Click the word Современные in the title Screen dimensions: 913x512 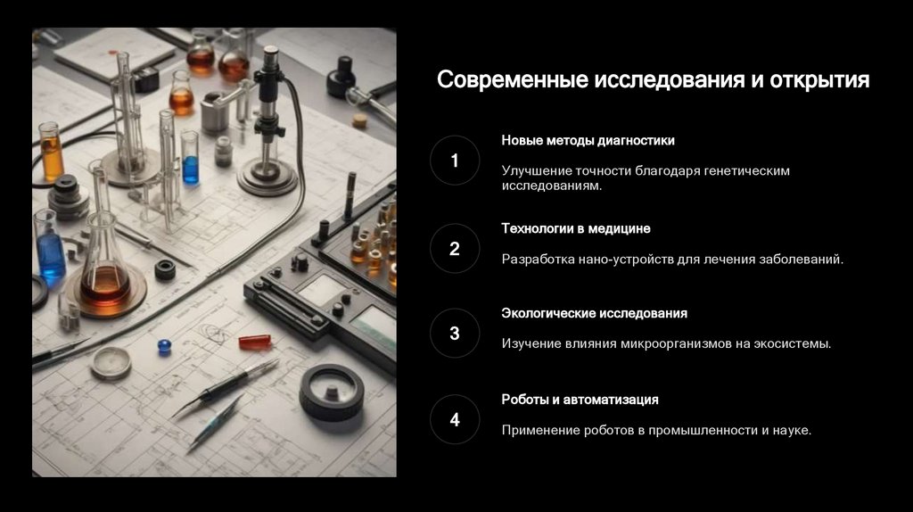513,79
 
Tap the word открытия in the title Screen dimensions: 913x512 820,80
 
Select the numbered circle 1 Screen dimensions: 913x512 455,161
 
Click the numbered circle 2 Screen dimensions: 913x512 455,249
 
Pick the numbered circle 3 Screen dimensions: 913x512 455,334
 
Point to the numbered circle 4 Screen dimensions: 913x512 455,419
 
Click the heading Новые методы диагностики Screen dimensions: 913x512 588,140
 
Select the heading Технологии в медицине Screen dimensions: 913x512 576,228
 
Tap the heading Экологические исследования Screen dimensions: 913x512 595,313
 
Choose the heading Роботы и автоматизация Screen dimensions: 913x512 580,400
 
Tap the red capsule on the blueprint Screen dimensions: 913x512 255,342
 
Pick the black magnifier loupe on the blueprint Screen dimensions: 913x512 332,392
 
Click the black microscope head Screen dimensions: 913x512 270,73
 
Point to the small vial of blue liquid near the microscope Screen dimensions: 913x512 191,158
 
